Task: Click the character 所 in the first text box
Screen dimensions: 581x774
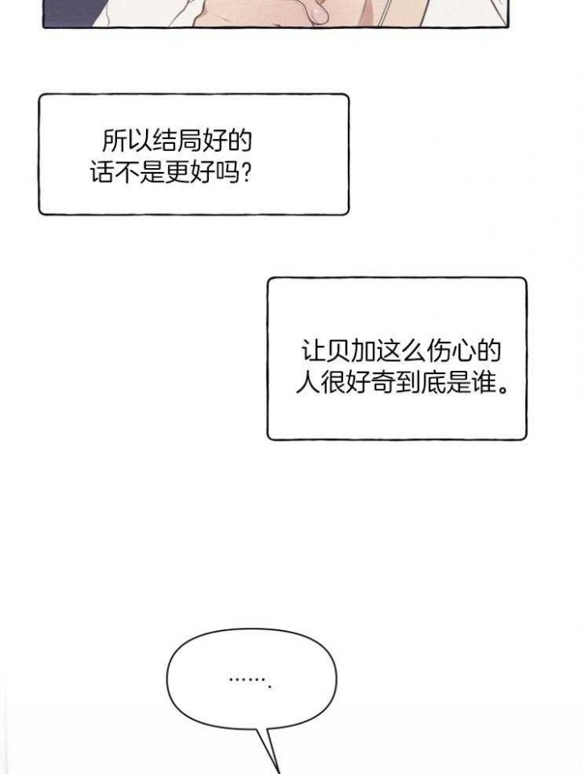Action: click(114, 141)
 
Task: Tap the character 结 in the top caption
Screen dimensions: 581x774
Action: click(165, 141)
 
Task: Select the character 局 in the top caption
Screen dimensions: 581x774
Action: click(190, 141)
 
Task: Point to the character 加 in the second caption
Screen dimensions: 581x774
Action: click(363, 351)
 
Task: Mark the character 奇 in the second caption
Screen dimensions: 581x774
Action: click(383, 381)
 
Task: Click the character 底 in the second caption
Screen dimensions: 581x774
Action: click(433, 381)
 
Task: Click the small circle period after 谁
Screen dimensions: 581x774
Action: click(503, 389)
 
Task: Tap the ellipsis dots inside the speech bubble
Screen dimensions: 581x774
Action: click(250, 682)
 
